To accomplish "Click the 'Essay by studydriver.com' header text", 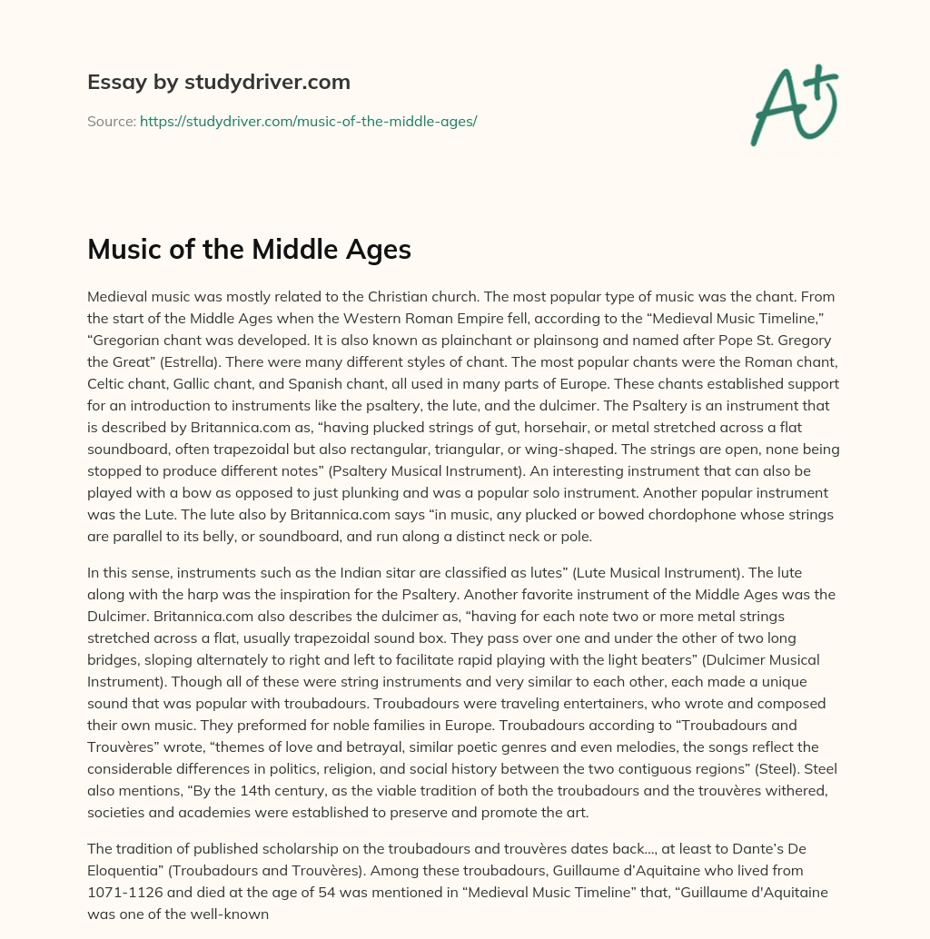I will pos(218,83).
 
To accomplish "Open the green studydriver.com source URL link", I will pos(308,121).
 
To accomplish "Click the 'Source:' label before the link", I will pos(111,121).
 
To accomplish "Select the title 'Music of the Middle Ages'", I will pos(249,249).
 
